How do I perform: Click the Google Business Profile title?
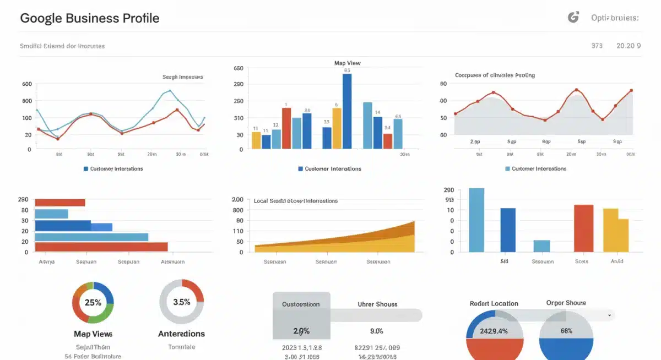[89, 18]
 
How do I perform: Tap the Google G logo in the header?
[573, 18]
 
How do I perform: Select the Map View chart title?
[347, 63]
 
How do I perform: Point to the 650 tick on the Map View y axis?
[238, 69]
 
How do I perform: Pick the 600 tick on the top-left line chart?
[27, 84]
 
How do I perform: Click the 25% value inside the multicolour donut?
[93, 302]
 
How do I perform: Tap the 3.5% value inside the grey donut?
[181, 302]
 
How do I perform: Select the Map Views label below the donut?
[93, 334]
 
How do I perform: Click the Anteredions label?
[181, 334]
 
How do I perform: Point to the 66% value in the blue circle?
[566, 331]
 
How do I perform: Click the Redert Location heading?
[494, 303]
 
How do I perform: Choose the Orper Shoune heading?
[566, 303]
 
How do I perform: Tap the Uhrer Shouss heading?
[377, 304]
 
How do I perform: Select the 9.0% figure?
[377, 331]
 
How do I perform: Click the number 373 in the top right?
[597, 46]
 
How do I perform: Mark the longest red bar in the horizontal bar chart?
[101, 247]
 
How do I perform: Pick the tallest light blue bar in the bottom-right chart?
[476, 220]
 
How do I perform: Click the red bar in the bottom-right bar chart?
[583, 228]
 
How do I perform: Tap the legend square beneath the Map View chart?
[300, 169]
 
